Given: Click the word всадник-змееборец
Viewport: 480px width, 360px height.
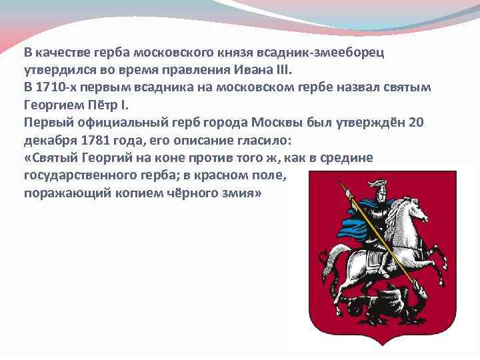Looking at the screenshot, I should coord(325,53).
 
